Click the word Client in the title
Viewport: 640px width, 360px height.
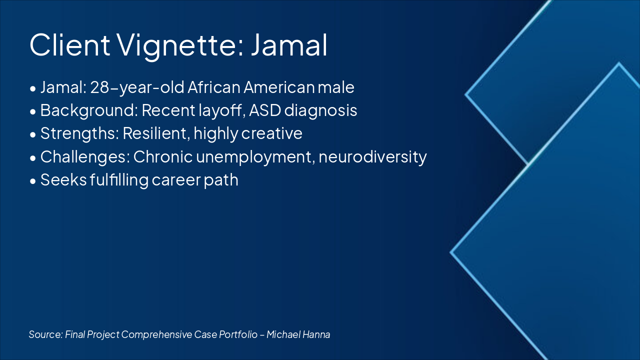click(x=69, y=45)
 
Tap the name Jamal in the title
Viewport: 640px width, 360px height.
click(x=289, y=45)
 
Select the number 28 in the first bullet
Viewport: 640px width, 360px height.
click(x=99, y=87)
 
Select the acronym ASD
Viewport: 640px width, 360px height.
click(x=265, y=110)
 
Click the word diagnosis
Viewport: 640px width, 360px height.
click(x=320, y=111)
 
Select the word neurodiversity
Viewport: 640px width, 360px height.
click(x=372, y=157)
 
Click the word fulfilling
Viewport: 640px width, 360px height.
click(x=119, y=180)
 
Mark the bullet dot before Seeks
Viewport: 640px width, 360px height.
click(x=33, y=181)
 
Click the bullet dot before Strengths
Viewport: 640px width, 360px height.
click(x=33, y=134)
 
